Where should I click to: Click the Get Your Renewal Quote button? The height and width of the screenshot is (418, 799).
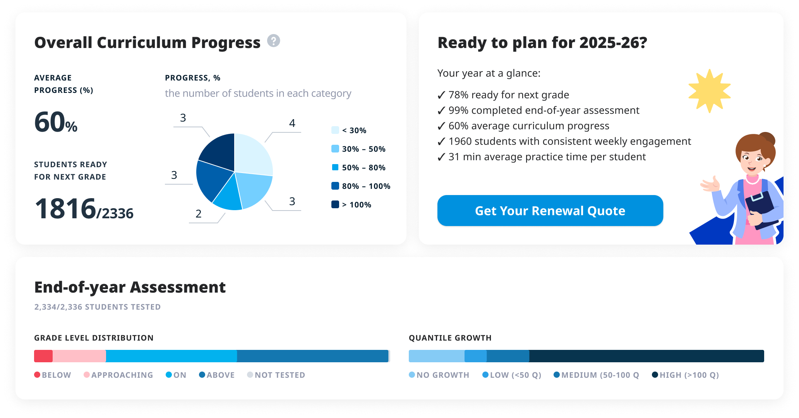tap(550, 211)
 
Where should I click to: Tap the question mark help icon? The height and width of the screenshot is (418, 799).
tap(274, 41)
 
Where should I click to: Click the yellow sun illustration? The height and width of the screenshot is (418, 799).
tap(709, 91)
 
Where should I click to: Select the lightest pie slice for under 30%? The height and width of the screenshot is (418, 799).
tap(252, 153)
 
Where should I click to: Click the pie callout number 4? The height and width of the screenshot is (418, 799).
tap(292, 123)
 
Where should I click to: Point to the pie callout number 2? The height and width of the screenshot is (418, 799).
tap(199, 214)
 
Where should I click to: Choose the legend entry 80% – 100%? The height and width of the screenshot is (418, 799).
tap(361, 186)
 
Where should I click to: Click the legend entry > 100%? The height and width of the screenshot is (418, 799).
tap(351, 205)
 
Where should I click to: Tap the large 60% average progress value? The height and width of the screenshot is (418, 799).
tap(56, 122)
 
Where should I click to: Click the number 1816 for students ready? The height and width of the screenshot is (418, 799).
tap(65, 209)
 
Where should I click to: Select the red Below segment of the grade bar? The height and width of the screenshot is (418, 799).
tap(43, 356)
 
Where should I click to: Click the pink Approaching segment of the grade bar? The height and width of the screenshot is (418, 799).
tap(79, 356)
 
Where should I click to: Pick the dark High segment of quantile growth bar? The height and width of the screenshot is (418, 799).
tap(646, 356)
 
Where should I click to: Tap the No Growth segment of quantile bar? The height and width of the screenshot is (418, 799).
tap(437, 356)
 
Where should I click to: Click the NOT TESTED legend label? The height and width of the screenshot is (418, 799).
tap(280, 375)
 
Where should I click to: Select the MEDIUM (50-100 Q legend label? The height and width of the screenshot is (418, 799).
tap(600, 375)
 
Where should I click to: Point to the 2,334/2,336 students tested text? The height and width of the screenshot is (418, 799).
tap(97, 307)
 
